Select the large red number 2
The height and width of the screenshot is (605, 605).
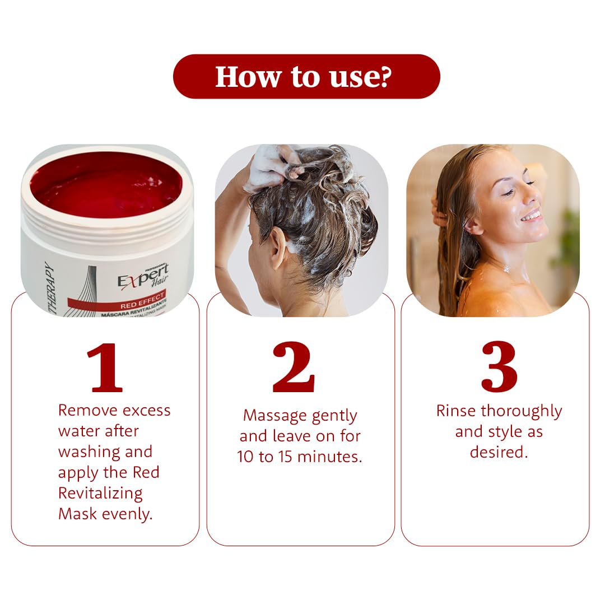(294, 367)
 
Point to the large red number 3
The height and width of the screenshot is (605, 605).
(499, 367)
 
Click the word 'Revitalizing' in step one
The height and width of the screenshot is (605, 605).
(100, 493)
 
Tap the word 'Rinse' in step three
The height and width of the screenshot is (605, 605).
(455, 411)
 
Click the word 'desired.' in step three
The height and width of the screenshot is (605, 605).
(499, 452)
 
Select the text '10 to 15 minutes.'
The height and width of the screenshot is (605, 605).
(300, 457)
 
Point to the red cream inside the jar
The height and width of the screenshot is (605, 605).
(106, 185)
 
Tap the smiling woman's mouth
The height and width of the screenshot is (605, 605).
(531, 216)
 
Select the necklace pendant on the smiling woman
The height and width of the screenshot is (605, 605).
(507, 268)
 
